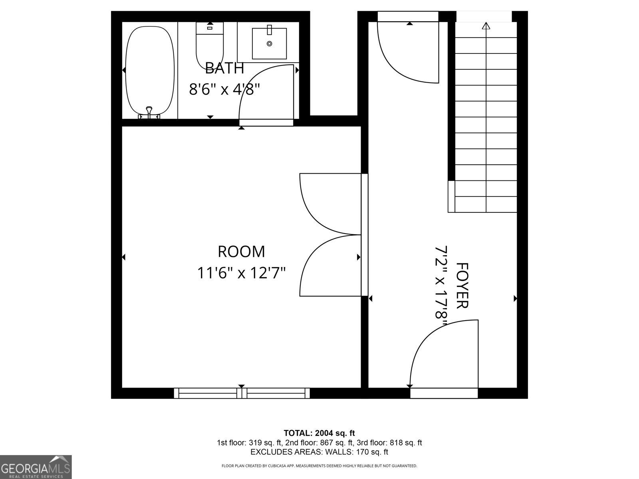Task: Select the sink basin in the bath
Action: point(269,43)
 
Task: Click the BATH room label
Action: point(224,68)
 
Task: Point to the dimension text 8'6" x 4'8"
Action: point(224,89)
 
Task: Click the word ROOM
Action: point(241,252)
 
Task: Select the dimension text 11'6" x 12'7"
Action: point(241,273)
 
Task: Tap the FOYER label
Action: point(462,285)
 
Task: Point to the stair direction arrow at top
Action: point(486,27)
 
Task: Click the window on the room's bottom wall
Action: point(242,393)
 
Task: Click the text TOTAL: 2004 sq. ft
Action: point(319,433)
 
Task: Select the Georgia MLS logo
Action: point(36,467)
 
